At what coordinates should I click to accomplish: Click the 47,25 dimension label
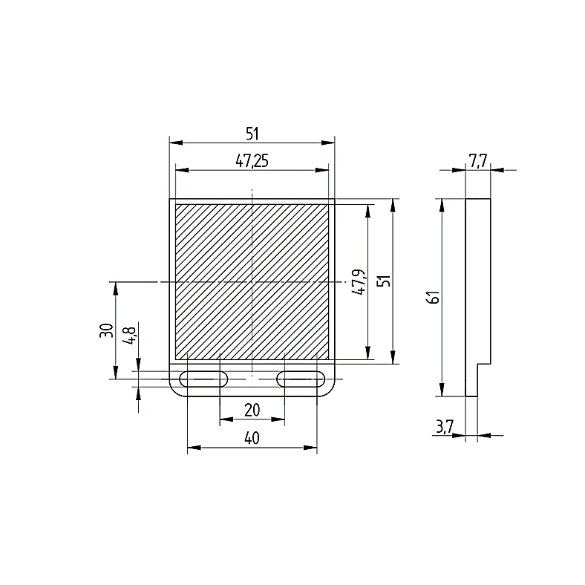tap(252, 161)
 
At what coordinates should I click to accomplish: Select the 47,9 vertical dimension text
tap(359, 281)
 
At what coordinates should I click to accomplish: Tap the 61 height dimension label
tap(433, 297)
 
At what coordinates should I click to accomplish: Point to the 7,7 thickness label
tap(478, 161)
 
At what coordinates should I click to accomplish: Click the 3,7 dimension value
tap(445, 426)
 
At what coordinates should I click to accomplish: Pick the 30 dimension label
tap(106, 330)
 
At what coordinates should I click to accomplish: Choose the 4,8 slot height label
tap(130, 335)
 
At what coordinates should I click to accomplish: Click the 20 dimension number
tap(252, 410)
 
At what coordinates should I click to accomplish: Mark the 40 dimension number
tap(252, 438)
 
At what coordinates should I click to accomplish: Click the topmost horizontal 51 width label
tap(252, 134)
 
